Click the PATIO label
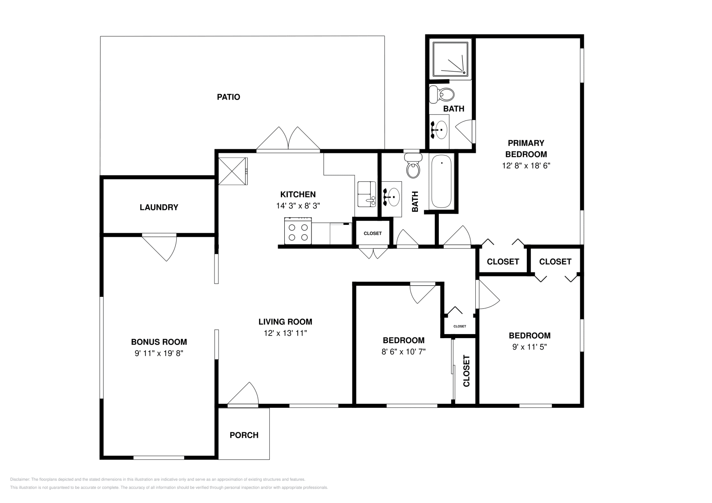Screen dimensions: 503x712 click(228, 97)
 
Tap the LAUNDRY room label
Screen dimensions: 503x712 click(159, 207)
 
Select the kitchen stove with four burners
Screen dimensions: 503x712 click(298, 231)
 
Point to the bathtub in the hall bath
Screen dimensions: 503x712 click(441, 181)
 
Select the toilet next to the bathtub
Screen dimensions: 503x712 click(413, 167)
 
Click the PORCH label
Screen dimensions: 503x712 click(244, 435)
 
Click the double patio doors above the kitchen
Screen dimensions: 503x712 click(288, 139)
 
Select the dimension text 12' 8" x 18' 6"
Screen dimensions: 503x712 click(526, 166)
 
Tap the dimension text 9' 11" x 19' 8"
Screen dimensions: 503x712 click(159, 353)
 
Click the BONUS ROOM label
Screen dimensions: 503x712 click(159, 342)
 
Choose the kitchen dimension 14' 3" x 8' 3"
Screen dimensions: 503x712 click(298, 206)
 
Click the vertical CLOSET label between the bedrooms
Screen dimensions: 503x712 click(466, 371)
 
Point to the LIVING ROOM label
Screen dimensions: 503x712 click(285, 322)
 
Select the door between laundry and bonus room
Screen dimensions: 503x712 click(160, 247)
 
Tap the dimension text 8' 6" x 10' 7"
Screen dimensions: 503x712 click(404, 351)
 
